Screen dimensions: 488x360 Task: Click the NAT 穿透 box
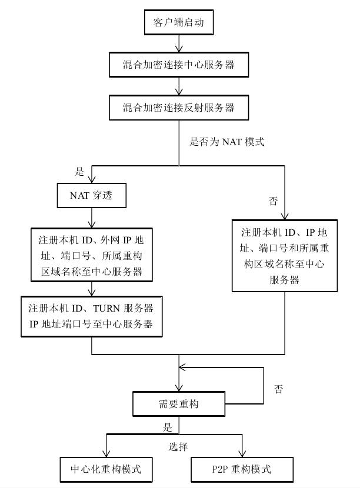click(x=92, y=196)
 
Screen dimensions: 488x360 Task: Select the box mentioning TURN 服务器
click(x=91, y=316)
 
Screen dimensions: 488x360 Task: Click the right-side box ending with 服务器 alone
click(x=285, y=256)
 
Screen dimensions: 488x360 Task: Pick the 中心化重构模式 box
click(x=106, y=469)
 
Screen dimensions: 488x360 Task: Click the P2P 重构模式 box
click(x=241, y=469)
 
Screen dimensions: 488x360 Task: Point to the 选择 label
click(x=178, y=447)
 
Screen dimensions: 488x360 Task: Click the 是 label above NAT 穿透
click(x=80, y=172)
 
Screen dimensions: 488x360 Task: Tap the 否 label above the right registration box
click(x=273, y=202)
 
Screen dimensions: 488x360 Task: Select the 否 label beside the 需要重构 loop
click(x=279, y=389)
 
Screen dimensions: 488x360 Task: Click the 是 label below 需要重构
click(x=168, y=426)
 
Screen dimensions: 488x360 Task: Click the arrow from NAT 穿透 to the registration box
click(x=92, y=218)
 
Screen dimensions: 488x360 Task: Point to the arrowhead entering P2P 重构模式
click(x=242, y=453)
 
